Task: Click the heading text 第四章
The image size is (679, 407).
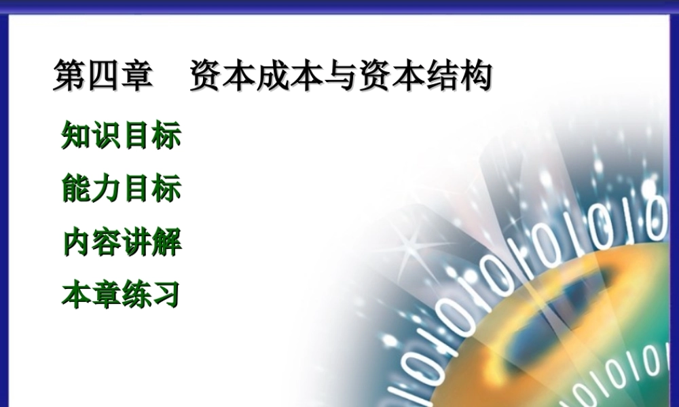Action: pyautogui.click(x=103, y=77)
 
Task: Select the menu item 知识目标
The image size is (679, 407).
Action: pyautogui.click(x=121, y=135)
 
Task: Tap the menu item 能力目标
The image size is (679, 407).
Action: pyautogui.click(x=121, y=189)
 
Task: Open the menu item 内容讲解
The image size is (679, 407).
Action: pyautogui.click(x=121, y=242)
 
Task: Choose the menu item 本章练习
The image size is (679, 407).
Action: pyautogui.click(x=121, y=296)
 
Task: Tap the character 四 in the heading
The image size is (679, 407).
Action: pyautogui.click(x=103, y=77)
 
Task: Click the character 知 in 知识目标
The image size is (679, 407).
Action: pyautogui.click(x=76, y=135)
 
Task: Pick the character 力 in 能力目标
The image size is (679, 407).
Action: pyautogui.click(x=106, y=189)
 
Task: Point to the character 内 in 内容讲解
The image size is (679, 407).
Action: pyautogui.click(x=76, y=242)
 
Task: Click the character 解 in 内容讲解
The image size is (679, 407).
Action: pyautogui.click(x=167, y=242)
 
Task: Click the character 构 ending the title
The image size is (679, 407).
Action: pyautogui.click(x=475, y=77)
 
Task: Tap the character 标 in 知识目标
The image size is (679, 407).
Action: pyautogui.click(x=167, y=135)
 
